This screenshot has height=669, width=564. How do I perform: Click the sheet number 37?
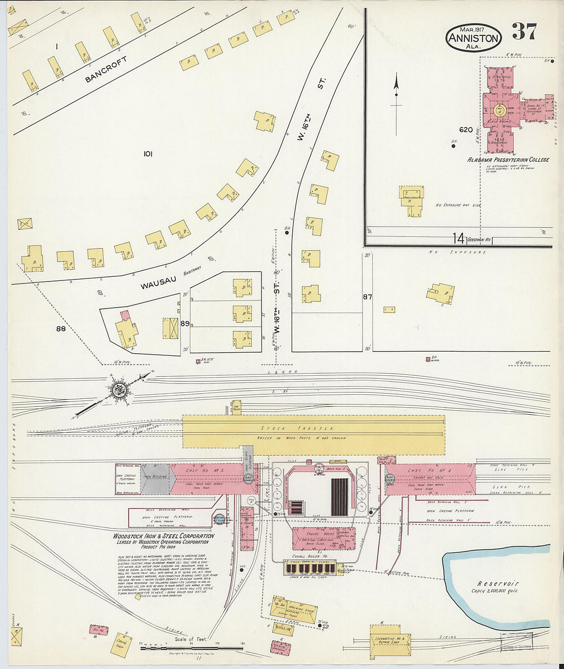point(524,32)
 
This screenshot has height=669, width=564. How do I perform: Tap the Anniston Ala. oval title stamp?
point(473,37)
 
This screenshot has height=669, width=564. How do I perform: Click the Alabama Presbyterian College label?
point(508,160)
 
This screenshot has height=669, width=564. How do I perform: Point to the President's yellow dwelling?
point(413,200)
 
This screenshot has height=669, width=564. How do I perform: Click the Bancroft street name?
point(106,70)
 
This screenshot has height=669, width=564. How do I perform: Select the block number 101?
point(148,153)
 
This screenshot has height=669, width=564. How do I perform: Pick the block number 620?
point(466,130)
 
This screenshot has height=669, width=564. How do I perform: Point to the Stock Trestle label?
point(297,428)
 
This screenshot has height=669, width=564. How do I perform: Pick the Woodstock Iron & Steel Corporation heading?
point(164,536)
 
